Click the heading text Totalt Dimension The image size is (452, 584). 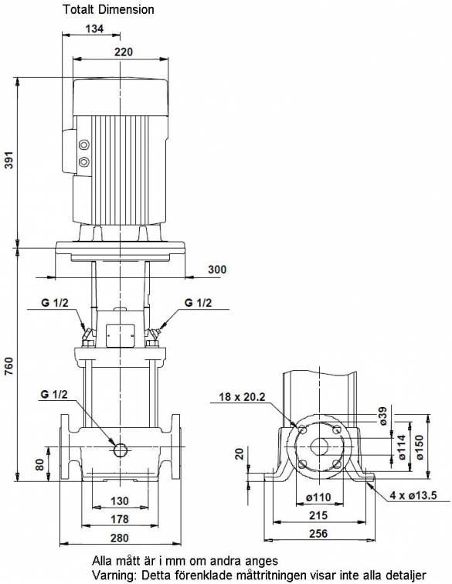(108, 9)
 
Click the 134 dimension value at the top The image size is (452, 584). (94, 29)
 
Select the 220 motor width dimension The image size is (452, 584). (124, 52)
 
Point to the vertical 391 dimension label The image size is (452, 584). (8, 160)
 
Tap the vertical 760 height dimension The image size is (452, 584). (8, 366)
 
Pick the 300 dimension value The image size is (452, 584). (217, 269)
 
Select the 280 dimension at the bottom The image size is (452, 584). (119, 538)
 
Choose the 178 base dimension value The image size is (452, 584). (119, 519)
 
